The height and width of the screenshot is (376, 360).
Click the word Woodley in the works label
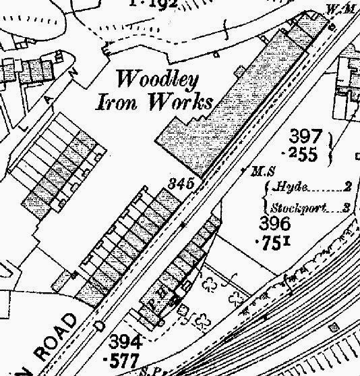(158, 80)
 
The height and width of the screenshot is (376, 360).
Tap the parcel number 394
(124, 339)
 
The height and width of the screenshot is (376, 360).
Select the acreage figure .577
(124, 358)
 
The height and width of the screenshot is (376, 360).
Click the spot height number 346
(182, 184)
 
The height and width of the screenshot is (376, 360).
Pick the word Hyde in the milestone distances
(286, 189)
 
